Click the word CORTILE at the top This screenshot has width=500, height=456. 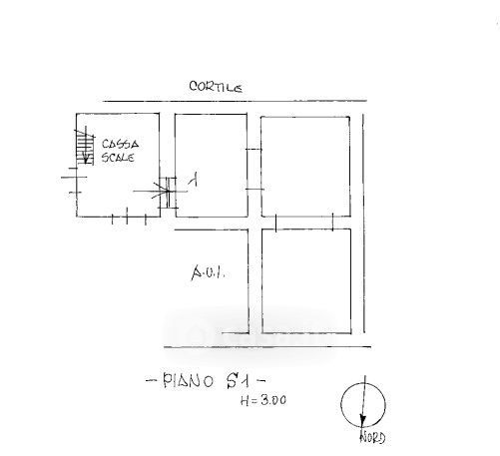pyautogui.click(x=216, y=87)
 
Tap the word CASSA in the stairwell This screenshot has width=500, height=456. pyautogui.click(x=120, y=144)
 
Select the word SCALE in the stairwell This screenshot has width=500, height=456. pyautogui.click(x=118, y=157)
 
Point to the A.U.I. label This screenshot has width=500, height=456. pyautogui.click(x=209, y=272)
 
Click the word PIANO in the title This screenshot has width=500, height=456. pyautogui.click(x=188, y=381)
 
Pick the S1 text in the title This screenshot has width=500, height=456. pyautogui.click(x=238, y=381)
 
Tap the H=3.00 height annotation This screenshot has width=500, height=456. pyautogui.click(x=263, y=400)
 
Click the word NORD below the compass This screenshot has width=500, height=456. pyautogui.click(x=372, y=437)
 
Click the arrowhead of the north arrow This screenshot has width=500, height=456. pyautogui.click(x=362, y=421)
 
